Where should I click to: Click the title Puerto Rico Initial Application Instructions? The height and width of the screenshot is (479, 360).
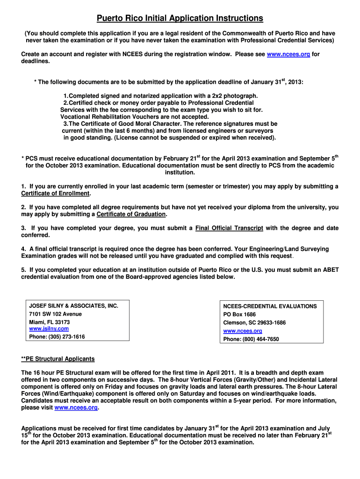coord(180,18)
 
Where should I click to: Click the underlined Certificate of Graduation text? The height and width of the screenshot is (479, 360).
coord(131,214)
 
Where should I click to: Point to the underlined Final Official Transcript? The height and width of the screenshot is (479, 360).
coord(229,228)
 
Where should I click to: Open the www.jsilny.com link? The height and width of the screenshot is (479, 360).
coord(49,329)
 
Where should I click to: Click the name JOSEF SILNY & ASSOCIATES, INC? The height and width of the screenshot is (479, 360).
coord(73,306)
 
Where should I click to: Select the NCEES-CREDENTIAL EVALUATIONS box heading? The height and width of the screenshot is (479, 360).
coord(270,306)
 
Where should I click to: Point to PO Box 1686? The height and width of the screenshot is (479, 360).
coord(239,314)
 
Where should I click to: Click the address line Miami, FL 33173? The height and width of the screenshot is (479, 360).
coord(50,322)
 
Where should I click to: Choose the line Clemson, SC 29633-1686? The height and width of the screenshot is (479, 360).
coord(254,323)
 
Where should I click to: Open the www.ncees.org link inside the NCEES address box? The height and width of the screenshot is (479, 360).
coord(242,331)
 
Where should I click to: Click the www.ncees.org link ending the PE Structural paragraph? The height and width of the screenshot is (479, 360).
coord(76,407)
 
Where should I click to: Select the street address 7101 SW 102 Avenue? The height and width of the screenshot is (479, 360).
coord(55,314)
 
